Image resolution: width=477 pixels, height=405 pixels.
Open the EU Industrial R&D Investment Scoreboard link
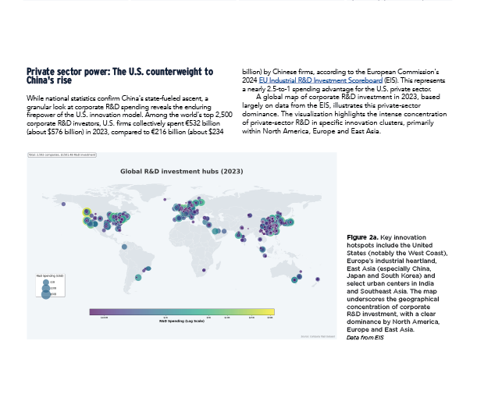pyautogui.click(x=308, y=79)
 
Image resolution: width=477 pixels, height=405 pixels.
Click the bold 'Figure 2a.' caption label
pyautogui.click(x=362, y=236)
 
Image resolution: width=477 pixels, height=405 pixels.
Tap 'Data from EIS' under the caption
pyautogui.click(x=366, y=336)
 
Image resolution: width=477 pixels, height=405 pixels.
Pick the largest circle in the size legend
pyautogui.click(x=45, y=294)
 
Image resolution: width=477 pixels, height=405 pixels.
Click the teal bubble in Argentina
pyautogui.click(x=139, y=276)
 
